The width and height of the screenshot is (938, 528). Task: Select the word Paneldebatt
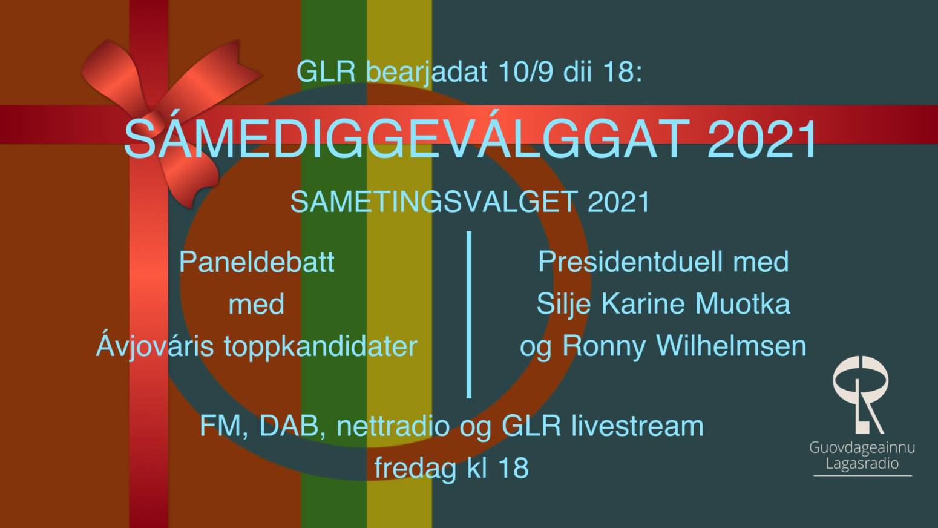pos(257,262)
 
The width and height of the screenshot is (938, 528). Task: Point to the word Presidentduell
pos(630,262)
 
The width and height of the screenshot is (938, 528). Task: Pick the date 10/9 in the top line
pos(526,71)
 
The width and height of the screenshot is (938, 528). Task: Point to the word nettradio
pos(393,426)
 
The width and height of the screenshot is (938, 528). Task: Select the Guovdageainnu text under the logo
pos(862,448)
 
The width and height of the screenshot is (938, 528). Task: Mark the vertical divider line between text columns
pos(469,314)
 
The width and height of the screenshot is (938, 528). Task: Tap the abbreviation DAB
pos(288,426)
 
